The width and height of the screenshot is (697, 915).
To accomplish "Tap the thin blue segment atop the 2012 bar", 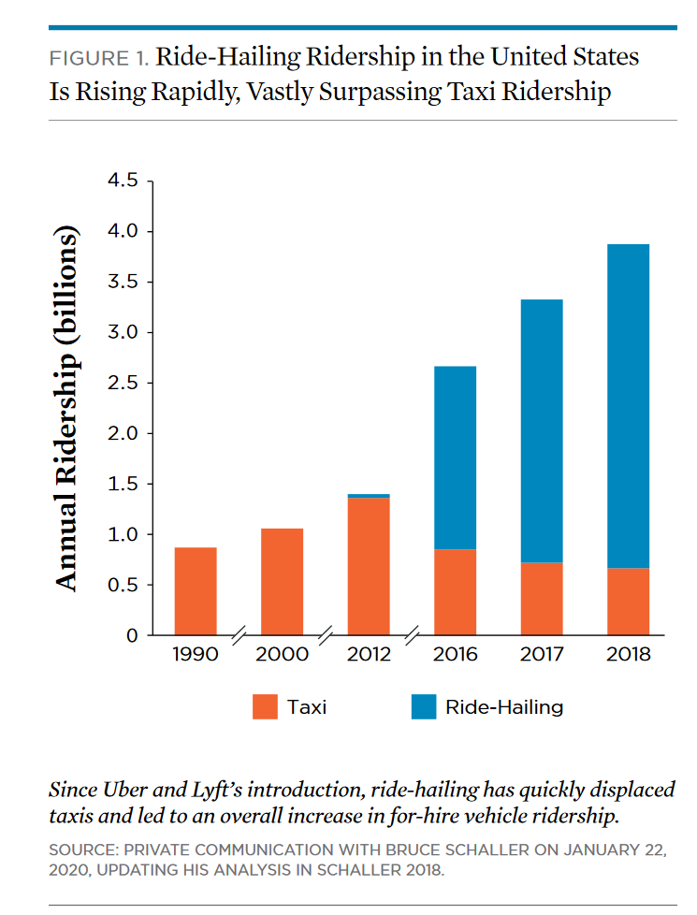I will click(x=369, y=496).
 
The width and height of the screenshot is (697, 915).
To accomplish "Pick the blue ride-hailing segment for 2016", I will click(x=455, y=457).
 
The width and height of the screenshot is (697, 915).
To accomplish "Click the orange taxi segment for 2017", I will click(x=541, y=599).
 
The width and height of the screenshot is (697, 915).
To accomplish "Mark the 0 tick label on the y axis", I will click(x=132, y=636).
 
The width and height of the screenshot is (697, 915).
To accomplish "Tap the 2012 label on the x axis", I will click(x=369, y=655).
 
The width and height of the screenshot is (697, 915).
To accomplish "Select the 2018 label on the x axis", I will click(x=628, y=655).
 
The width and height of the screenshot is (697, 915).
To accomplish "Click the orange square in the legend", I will click(x=266, y=706).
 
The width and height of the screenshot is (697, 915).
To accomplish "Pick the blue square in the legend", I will click(x=424, y=706).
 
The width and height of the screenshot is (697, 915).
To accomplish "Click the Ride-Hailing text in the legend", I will click(x=504, y=706).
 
